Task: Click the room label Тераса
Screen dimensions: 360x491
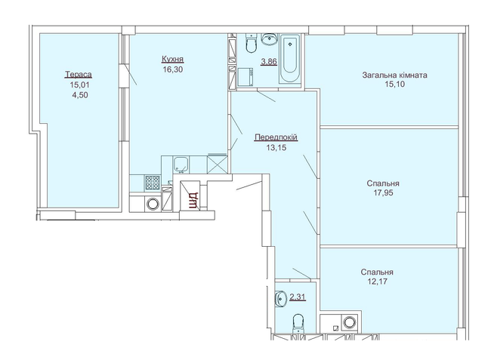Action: (x=79, y=74)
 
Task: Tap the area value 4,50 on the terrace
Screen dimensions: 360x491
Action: (x=79, y=95)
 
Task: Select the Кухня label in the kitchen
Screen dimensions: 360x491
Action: (x=173, y=59)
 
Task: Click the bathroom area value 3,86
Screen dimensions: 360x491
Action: (x=267, y=63)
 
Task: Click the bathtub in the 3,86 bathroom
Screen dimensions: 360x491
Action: (x=290, y=60)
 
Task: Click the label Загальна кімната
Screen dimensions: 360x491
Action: (x=395, y=75)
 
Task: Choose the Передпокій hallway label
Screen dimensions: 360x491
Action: (x=276, y=137)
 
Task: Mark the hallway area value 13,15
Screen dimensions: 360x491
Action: (x=276, y=148)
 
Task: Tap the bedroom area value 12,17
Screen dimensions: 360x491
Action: (x=376, y=282)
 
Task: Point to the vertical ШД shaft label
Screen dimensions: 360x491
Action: (x=193, y=200)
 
